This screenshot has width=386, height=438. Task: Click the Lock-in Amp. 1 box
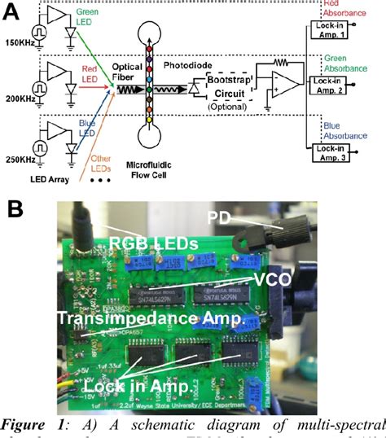(x=331, y=30)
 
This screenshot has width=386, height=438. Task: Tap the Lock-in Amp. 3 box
(x=331, y=153)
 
